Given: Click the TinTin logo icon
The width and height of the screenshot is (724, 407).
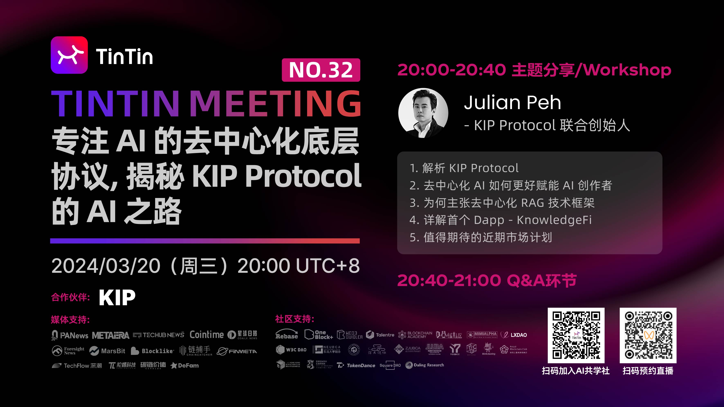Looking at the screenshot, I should [x=69, y=55].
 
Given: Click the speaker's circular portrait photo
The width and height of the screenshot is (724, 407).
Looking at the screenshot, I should [x=423, y=113].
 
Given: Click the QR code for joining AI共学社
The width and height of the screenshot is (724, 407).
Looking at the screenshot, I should [x=576, y=335].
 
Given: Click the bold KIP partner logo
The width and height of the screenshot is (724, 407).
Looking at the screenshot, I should [x=117, y=297].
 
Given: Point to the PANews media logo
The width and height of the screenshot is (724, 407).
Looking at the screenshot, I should [x=70, y=335].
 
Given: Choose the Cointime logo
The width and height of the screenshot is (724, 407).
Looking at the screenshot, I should [x=207, y=334].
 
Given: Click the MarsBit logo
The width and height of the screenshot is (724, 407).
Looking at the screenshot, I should [x=107, y=351].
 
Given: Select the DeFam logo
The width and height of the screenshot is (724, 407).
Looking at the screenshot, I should [x=185, y=366].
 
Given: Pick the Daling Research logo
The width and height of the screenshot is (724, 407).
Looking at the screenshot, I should [x=425, y=365].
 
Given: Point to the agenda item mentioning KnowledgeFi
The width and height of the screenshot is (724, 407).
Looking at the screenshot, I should [x=501, y=220].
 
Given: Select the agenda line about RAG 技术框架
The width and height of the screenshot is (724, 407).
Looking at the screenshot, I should [x=502, y=203].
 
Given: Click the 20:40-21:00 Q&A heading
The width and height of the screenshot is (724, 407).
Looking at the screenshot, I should [x=487, y=280].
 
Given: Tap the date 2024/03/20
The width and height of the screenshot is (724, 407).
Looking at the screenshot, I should [x=106, y=266].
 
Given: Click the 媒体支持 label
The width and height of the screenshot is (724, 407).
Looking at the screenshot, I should [x=70, y=320].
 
